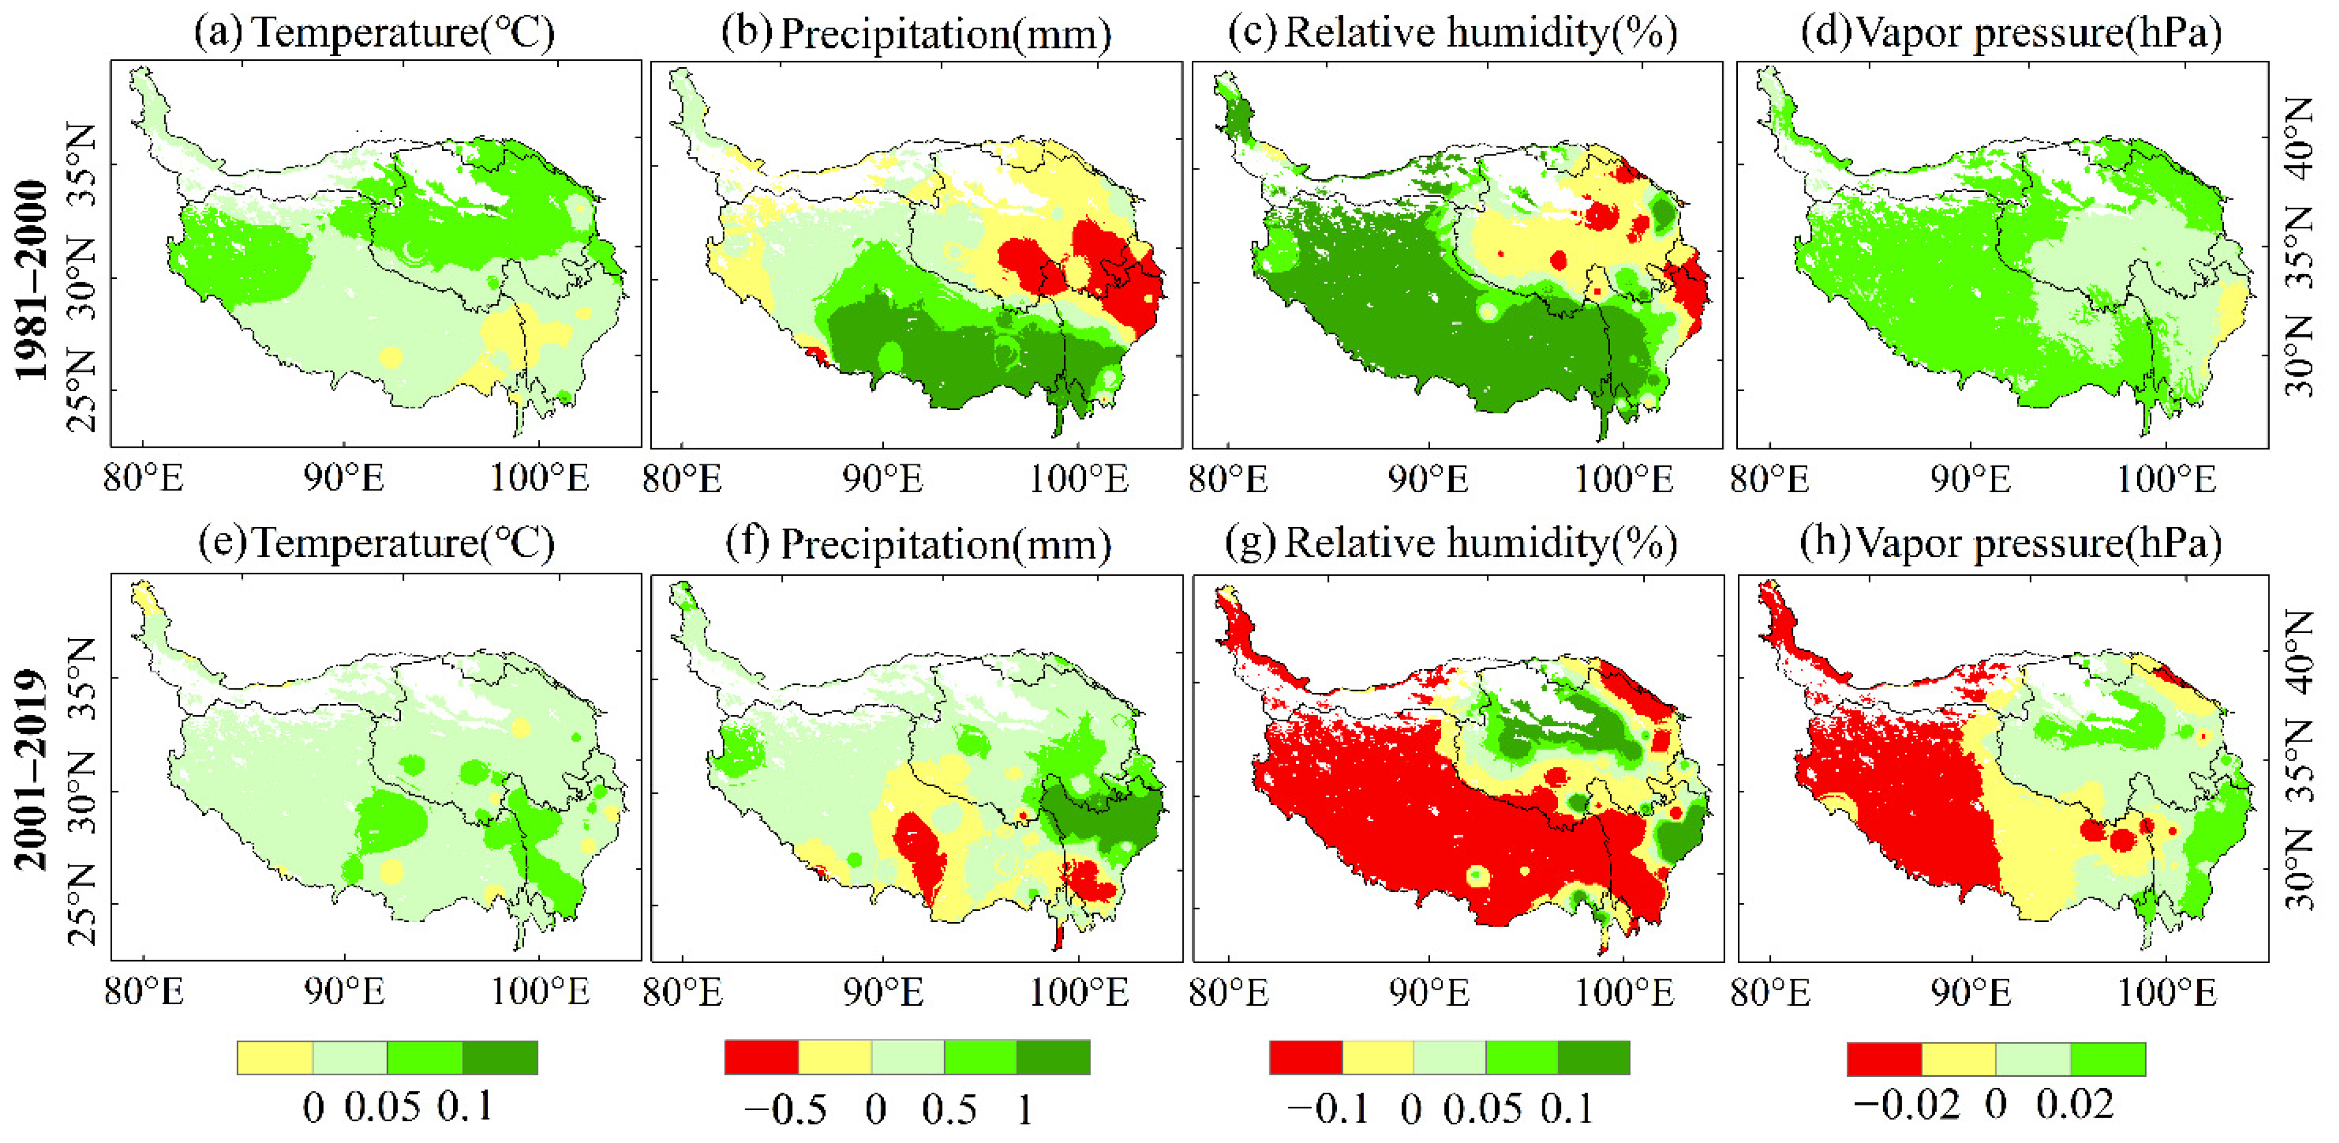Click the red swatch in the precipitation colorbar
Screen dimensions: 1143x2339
pos(761,1057)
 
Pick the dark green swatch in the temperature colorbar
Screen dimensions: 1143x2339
pos(499,1057)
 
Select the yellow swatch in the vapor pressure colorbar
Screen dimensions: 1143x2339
pos(1958,1059)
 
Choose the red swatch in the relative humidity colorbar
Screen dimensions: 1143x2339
pos(1305,1057)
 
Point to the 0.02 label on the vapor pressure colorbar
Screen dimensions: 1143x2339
pos(2075,1105)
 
